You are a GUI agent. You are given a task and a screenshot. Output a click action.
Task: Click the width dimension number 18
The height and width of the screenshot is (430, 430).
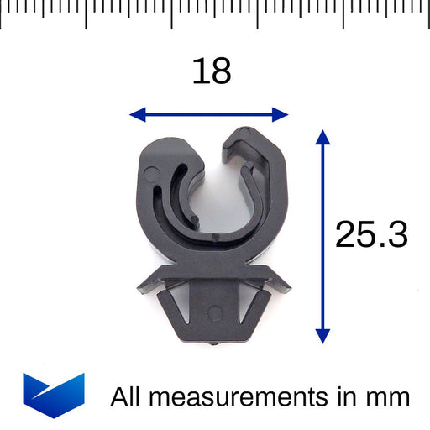pyautogui.click(x=211, y=71)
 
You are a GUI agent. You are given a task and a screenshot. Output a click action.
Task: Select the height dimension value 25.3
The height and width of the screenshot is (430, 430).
pyautogui.click(x=370, y=235)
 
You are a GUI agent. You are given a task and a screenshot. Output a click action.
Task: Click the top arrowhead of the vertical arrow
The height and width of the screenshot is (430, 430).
pyautogui.click(x=322, y=137)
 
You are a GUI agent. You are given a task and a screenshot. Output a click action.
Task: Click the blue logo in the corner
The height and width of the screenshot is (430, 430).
pyautogui.click(x=53, y=394)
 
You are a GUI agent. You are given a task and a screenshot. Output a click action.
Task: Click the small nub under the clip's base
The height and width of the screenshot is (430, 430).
pyautogui.click(x=217, y=343)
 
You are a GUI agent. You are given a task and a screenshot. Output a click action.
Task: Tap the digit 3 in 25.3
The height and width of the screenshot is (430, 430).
pyautogui.click(x=396, y=235)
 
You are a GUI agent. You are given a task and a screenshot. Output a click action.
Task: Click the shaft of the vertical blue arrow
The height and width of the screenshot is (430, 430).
pyautogui.click(x=322, y=235)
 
